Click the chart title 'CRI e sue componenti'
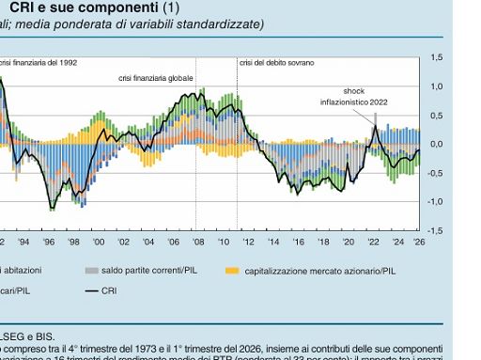click(71, 8)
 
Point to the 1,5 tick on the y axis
click(437, 58)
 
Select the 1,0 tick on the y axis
click(437, 86)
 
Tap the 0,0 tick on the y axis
click(437, 144)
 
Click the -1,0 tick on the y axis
click(435, 201)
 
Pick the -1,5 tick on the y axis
click(435, 230)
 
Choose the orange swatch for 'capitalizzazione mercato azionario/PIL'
click(232, 271)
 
